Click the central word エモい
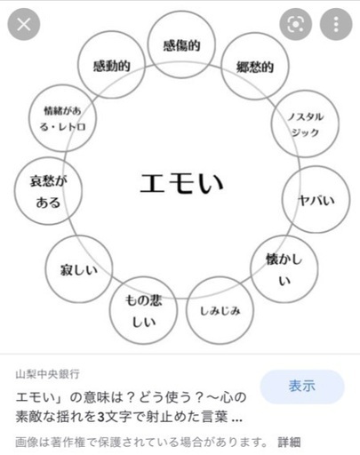(x=181, y=183)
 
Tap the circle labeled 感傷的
(x=181, y=44)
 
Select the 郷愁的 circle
(x=255, y=67)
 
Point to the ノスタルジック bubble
(x=305, y=124)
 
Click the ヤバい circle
(x=316, y=200)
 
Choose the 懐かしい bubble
(x=284, y=269)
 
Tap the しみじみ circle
(x=220, y=310)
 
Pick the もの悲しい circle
(x=143, y=310)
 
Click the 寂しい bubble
(x=79, y=269)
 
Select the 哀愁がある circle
(x=48, y=191)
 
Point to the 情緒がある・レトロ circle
(x=62, y=118)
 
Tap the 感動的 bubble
(x=111, y=65)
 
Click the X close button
(x=24, y=24)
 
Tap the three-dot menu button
(x=336, y=24)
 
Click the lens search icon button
(x=296, y=24)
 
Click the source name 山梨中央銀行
(x=47, y=374)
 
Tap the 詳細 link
(x=289, y=443)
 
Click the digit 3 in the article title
(x=101, y=417)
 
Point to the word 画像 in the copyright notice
(x=27, y=443)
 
